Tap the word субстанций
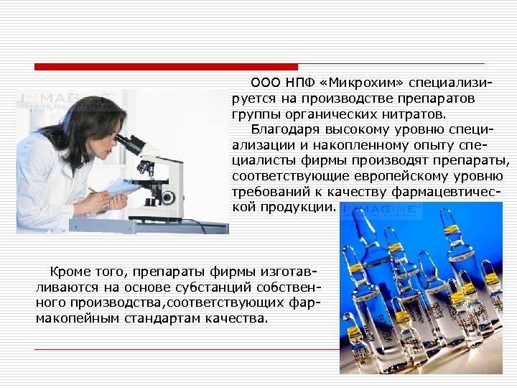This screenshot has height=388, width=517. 190,287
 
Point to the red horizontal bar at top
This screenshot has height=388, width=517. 166,67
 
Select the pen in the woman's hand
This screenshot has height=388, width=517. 94,191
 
